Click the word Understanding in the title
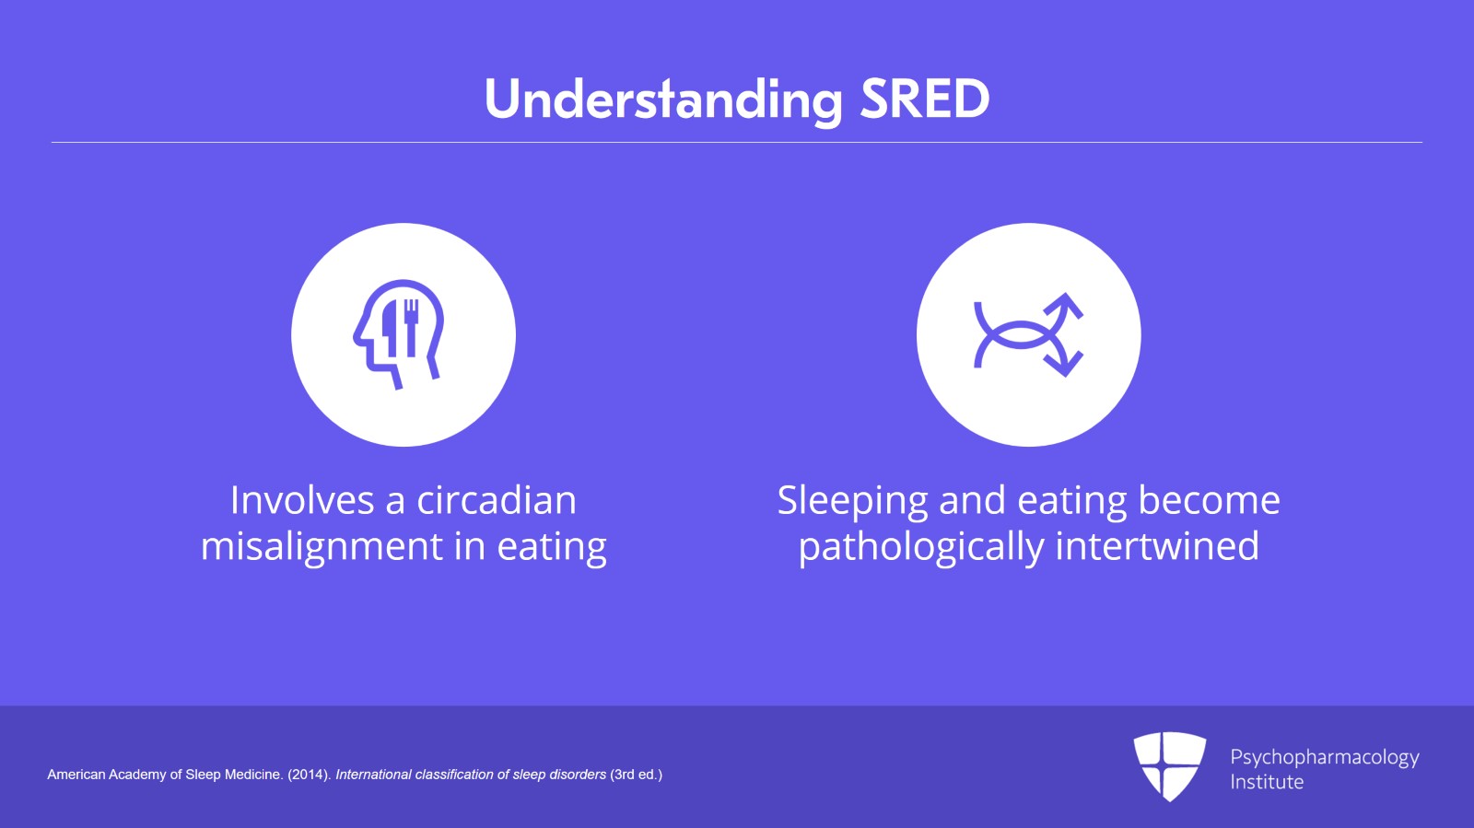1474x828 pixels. point(663,100)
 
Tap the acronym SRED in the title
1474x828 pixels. point(925,99)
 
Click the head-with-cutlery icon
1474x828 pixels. point(399,334)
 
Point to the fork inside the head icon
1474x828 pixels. point(411,327)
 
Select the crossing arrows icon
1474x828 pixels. point(1028,334)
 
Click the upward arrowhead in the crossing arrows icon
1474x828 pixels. point(1063,307)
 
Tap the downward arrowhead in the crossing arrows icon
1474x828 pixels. point(1065,362)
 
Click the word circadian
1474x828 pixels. point(497,500)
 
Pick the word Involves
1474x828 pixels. point(303,500)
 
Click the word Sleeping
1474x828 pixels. point(852,501)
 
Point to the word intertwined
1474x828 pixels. point(1157,546)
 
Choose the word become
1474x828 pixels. point(1210,500)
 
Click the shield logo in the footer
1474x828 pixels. point(1169,766)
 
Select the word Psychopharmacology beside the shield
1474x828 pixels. point(1325,758)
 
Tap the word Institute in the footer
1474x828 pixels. point(1267,782)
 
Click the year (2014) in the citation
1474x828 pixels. point(308,775)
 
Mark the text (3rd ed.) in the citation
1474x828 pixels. point(637,775)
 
